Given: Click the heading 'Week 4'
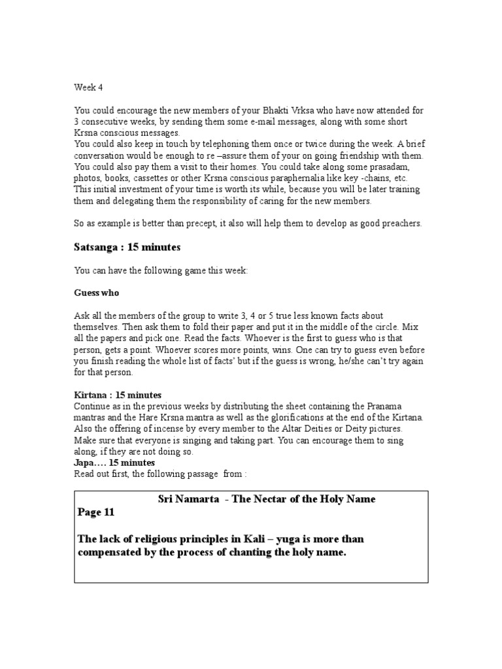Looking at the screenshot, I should (x=88, y=86).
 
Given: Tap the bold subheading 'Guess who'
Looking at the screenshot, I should (x=96, y=293).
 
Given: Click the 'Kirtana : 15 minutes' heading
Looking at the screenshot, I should (x=118, y=395).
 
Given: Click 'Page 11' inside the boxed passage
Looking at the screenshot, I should (x=96, y=513).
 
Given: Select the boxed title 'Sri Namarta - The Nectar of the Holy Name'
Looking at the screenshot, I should (x=267, y=499).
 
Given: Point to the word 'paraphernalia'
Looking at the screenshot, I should (x=306, y=178).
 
